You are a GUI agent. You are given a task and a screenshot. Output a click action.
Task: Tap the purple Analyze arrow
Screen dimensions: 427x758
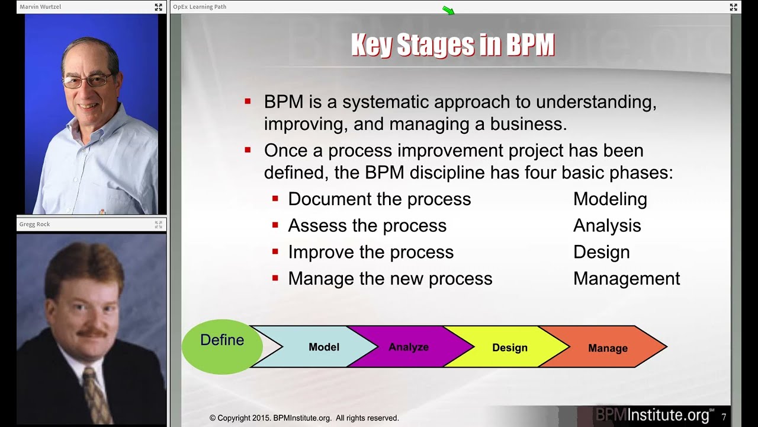tap(409, 347)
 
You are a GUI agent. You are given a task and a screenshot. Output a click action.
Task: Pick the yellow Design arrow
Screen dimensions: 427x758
tap(509, 348)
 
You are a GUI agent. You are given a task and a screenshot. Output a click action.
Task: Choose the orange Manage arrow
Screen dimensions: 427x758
tap(608, 348)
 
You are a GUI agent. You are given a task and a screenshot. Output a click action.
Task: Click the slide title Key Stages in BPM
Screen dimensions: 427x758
tap(452, 46)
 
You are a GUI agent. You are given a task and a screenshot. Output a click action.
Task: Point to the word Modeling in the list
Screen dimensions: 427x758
tap(610, 199)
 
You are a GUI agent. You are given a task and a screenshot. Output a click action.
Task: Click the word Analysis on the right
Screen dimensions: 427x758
tap(607, 226)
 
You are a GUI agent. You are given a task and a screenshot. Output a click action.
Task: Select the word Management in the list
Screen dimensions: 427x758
tap(627, 279)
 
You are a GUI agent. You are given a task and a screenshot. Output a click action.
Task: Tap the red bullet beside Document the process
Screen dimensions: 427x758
tap(275, 199)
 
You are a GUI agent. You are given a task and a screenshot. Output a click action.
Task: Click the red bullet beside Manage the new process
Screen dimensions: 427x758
tap(275, 278)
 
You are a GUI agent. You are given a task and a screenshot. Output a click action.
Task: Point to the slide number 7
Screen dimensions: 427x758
tap(724, 417)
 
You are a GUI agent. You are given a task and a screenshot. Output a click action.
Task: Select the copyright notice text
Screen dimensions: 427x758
tap(304, 418)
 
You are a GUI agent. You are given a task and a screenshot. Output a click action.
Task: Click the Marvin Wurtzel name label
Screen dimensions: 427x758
tap(40, 7)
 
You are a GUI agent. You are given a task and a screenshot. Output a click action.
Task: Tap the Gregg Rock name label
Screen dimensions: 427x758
tap(34, 224)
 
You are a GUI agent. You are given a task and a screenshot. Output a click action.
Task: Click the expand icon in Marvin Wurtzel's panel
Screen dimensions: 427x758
tap(158, 7)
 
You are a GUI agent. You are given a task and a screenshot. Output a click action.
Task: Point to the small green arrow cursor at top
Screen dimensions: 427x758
tap(448, 10)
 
